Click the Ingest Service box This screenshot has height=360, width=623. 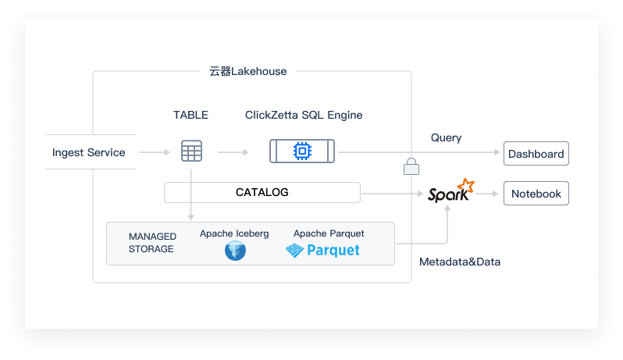(88, 152)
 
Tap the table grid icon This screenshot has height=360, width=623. (191, 151)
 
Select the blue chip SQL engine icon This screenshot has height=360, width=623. (302, 151)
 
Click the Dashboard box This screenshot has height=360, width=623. (536, 154)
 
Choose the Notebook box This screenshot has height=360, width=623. (536, 194)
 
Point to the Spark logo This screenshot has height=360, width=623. (450, 191)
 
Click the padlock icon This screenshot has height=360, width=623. (411, 166)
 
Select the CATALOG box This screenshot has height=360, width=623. (262, 192)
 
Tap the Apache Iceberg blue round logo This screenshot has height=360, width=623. (235, 251)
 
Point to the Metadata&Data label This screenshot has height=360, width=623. (459, 262)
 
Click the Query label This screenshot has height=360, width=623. (446, 137)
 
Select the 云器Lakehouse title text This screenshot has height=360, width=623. (248, 71)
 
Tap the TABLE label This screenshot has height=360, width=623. (190, 115)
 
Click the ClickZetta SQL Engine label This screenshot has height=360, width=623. (304, 115)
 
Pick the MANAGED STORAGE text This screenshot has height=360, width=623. (151, 243)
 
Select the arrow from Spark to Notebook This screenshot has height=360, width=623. (489, 194)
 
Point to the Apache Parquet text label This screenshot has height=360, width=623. (329, 233)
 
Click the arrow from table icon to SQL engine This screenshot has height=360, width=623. (233, 152)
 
